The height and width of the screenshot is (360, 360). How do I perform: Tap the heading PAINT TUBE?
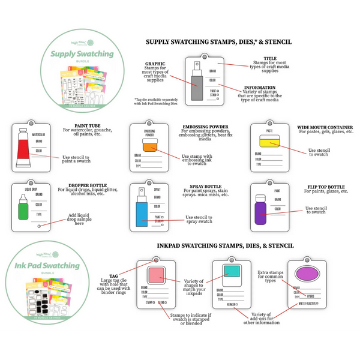click(x=78, y=127)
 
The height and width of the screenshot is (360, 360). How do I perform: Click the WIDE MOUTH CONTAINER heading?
click(x=325, y=127)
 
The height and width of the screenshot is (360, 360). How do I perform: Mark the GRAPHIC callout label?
click(x=155, y=63)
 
